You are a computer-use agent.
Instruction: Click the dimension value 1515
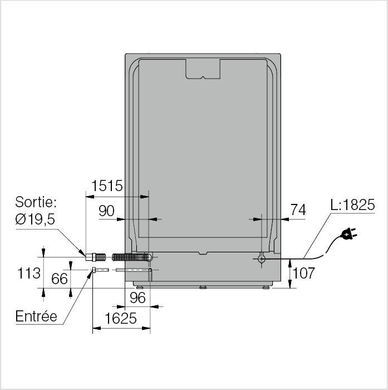point(107,186)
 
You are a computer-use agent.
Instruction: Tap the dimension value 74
point(298,210)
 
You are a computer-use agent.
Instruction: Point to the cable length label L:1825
point(352,204)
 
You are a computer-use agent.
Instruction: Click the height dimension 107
point(304,273)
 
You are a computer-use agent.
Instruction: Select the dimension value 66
point(60,279)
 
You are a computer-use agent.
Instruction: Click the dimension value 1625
point(121,319)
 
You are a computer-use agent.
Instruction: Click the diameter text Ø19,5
point(35,220)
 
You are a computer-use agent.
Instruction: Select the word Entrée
point(36,316)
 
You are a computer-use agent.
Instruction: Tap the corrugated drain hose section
point(130,257)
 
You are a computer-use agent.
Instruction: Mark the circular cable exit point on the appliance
point(262,259)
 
